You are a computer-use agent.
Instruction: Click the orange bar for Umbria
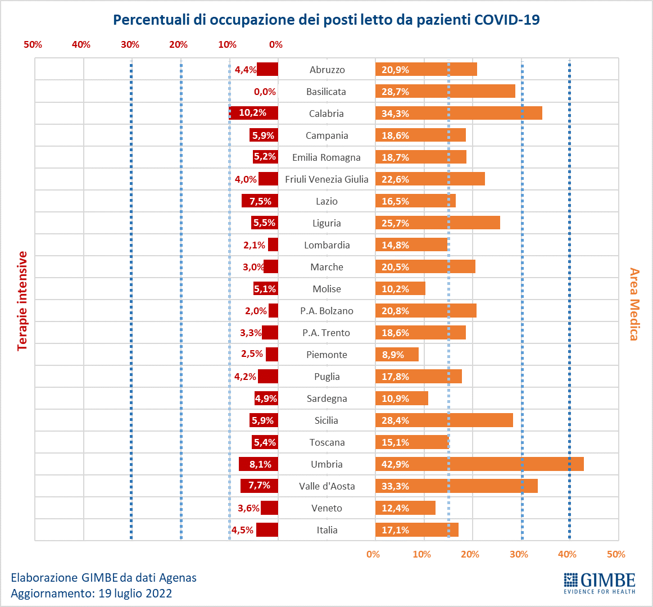pyautogui.click(x=479, y=464)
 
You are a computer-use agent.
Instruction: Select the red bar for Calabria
pyautogui.click(x=253, y=113)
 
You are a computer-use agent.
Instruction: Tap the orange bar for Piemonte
pyautogui.click(x=397, y=355)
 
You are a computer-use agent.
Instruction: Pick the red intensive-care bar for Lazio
pyautogui.click(x=260, y=201)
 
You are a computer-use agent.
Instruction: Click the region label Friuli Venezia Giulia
pyautogui.click(x=326, y=179)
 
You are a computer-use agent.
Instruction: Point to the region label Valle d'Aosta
pyautogui.click(x=326, y=486)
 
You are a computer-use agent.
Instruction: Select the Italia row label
pyautogui.click(x=326, y=530)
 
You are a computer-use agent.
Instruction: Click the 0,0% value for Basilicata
pyautogui.click(x=265, y=92)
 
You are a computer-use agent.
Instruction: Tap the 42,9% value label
pyautogui.click(x=395, y=464)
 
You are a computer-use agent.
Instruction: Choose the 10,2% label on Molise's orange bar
pyautogui.click(x=395, y=289)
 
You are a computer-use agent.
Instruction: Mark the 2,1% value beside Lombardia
pyautogui.click(x=254, y=245)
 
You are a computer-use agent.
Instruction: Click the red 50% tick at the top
pyautogui.click(x=33, y=45)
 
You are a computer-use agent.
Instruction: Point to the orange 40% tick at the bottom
pyautogui.click(x=567, y=554)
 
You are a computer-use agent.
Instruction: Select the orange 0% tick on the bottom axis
pyautogui.click(x=373, y=554)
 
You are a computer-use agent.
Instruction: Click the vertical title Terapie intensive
pyautogui.click(x=22, y=301)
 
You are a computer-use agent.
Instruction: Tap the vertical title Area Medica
pyautogui.click(x=634, y=304)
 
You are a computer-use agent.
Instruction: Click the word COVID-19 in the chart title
pyautogui.click(x=507, y=20)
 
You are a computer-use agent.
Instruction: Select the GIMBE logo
pyautogui.click(x=599, y=583)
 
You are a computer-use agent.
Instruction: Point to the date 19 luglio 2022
pyautogui.click(x=135, y=594)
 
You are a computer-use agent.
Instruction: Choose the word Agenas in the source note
pyautogui.click(x=178, y=577)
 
